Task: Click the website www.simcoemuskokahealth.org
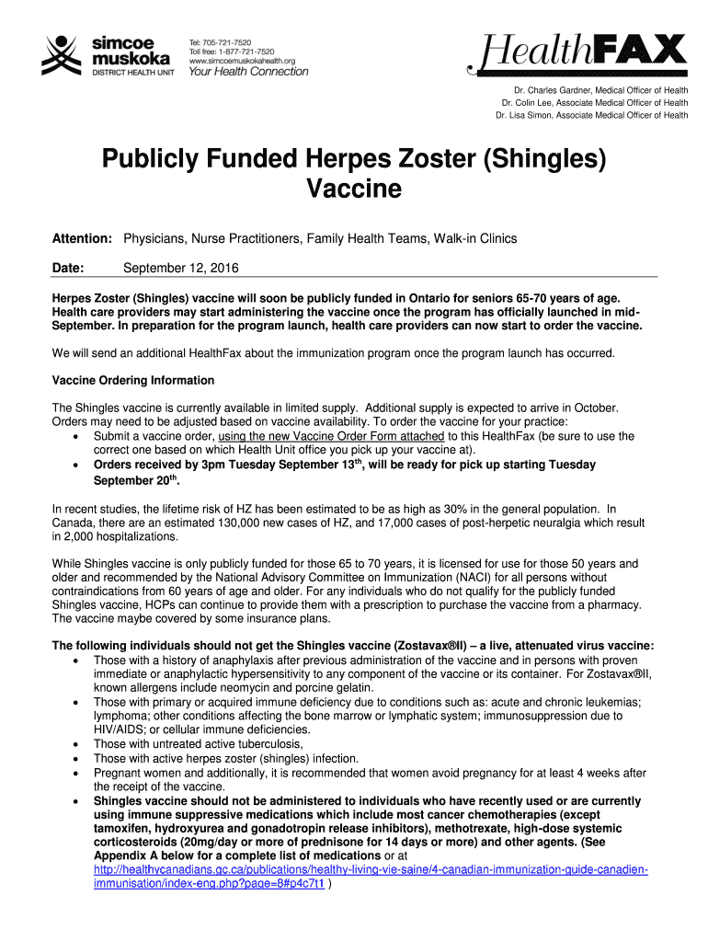tap(244, 61)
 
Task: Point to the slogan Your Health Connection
tap(248, 72)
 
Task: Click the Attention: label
tap(82, 239)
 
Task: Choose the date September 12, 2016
tap(181, 269)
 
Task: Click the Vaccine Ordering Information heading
tap(133, 380)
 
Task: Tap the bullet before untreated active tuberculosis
tap(74, 744)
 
